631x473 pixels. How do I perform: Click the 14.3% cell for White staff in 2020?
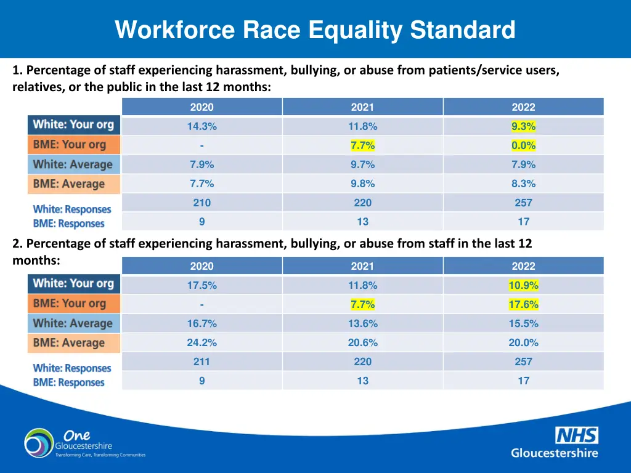[202, 127]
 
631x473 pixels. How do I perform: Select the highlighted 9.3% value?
[523, 127]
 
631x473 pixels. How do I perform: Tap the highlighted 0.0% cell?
[523, 146]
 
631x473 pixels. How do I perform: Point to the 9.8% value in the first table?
[362, 184]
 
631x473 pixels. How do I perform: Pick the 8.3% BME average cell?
[523, 184]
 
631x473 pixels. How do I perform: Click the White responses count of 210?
[202, 203]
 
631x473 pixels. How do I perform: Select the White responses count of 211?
[202, 362]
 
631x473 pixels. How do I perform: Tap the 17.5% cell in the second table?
[202, 286]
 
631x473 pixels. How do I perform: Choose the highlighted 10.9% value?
[523, 286]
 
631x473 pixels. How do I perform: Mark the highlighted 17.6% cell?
[523, 305]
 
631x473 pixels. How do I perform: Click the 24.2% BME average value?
[202, 342]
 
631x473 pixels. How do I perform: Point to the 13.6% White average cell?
[362, 323]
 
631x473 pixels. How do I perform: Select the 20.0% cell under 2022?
[523, 342]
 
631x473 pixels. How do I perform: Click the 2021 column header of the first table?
[362, 107]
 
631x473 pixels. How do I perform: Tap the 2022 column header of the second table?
[523, 266]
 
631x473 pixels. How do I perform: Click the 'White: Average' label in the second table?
[73, 323]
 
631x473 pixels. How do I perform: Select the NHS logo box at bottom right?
[576, 436]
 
